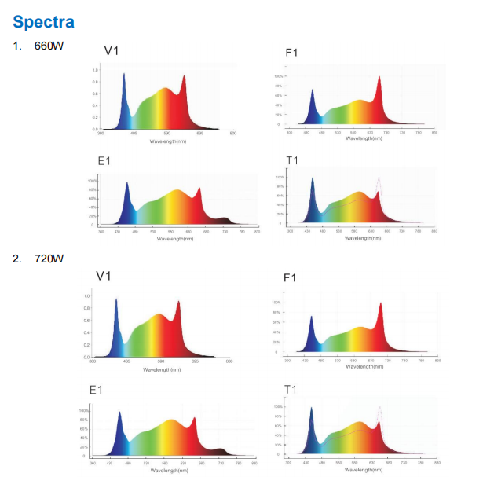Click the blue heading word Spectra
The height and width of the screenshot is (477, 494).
click(43, 21)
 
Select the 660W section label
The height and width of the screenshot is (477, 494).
click(48, 46)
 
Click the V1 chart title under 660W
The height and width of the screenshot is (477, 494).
click(112, 51)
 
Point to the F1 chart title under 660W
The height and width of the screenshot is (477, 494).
click(291, 53)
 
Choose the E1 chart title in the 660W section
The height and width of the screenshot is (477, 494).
click(104, 161)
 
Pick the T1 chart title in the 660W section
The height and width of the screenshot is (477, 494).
click(292, 161)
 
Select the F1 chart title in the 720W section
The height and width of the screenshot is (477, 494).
click(290, 277)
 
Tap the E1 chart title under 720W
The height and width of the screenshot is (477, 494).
click(97, 391)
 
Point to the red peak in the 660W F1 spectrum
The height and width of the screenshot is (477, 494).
click(380, 79)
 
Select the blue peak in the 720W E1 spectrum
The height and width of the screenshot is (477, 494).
click(119, 414)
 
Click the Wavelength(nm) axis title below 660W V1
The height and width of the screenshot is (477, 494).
click(168, 141)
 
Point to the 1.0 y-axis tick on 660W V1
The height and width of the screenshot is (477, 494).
click(94, 70)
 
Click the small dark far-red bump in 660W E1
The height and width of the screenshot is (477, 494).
click(225, 219)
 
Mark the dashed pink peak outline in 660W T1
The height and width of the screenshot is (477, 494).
click(379, 180)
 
